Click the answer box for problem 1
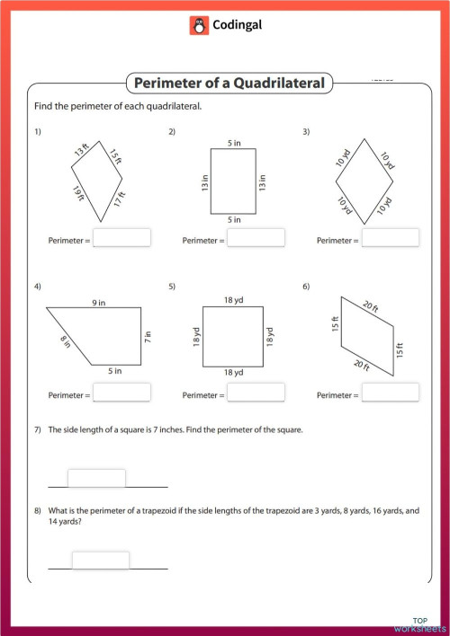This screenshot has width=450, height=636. pos(121,238)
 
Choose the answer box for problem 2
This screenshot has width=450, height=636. pos(256,238)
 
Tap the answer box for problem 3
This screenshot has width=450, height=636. pos(390,238)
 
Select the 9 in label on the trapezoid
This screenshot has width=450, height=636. pos(97,304)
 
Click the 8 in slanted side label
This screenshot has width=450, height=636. pos(66,341)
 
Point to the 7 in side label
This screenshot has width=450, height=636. pos(148,338)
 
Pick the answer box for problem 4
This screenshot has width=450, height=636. pos(121,393)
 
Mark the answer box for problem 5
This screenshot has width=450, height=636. pos(256,393)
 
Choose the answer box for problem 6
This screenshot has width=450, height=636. pos(390,393)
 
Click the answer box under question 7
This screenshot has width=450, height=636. pos(96,478)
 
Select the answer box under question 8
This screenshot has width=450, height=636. pos(100,561)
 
